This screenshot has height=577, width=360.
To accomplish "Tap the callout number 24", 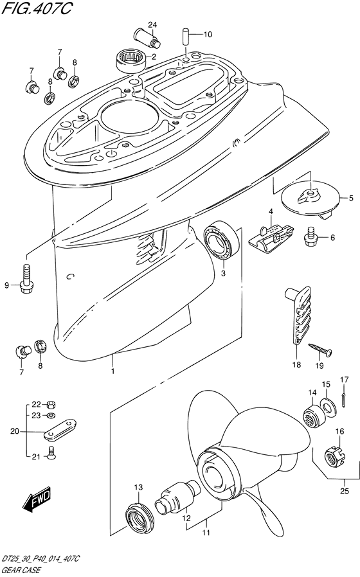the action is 153,24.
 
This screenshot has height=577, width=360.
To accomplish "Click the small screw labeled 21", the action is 51,454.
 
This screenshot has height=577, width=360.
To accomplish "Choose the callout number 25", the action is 345,490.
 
